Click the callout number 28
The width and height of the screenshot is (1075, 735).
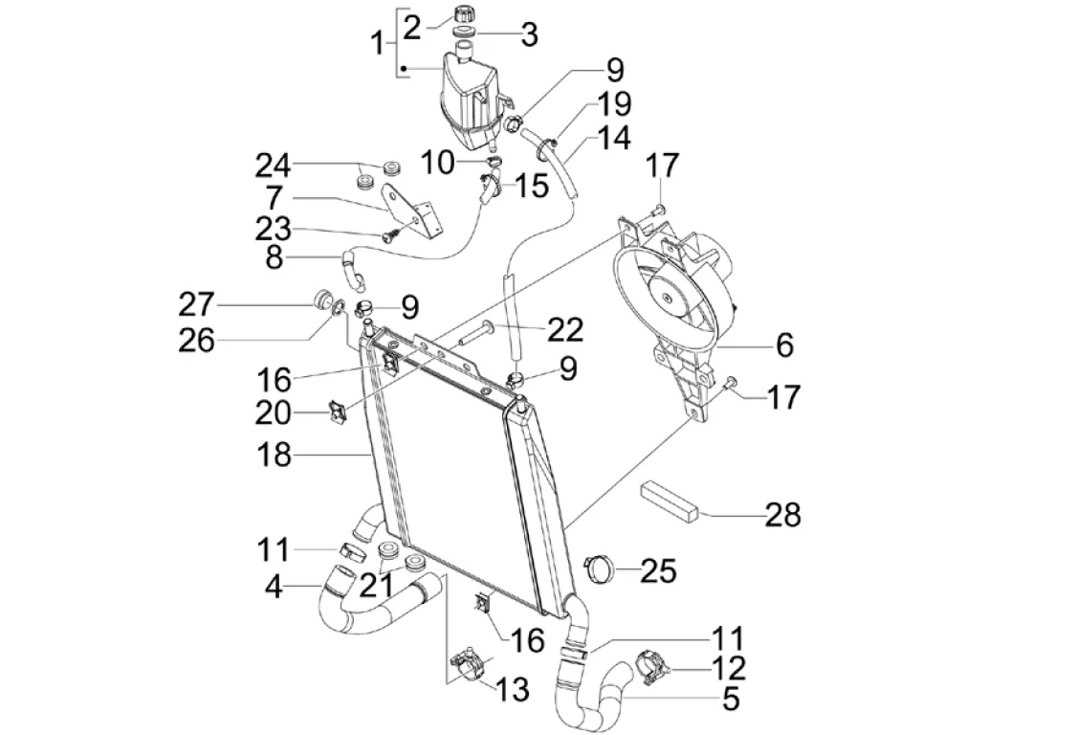tap(781, 515)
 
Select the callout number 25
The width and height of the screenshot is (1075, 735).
tap(657, 571)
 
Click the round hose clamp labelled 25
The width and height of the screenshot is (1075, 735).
tap(602, 568)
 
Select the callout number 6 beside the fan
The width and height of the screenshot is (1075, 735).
tap(783, 345)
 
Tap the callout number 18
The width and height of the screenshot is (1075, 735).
tap(273, 455)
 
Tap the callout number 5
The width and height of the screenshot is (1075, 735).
tap(730, 700)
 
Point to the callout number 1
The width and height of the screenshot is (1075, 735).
tap(379, 44)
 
